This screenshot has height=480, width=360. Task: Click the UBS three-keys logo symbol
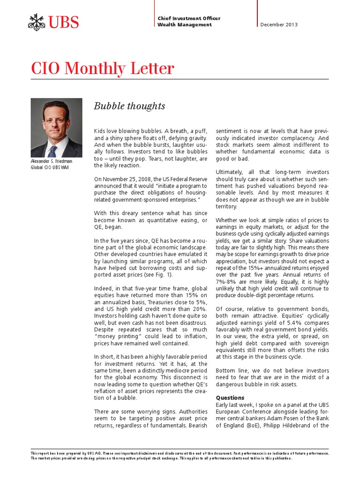[37, 22]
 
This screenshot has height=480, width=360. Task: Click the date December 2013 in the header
[278, 25]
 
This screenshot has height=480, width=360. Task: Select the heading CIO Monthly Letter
[102, 68]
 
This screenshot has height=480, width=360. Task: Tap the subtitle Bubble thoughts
[129, 106]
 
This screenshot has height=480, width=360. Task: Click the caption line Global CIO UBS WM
[49, 168]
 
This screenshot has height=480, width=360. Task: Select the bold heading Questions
[230, 397]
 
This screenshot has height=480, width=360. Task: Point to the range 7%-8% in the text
[227, 282]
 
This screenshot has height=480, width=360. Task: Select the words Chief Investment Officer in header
[189, 18]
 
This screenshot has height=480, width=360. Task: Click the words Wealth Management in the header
[184, 25]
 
